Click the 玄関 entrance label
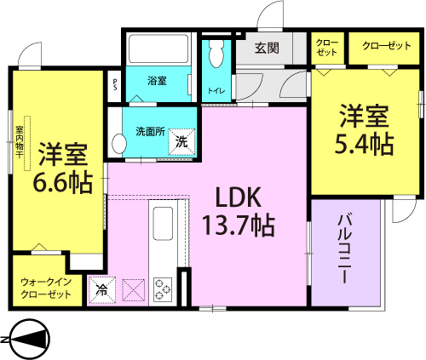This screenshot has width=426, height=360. [x=267, y=49]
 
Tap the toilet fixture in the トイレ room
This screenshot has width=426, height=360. [x=216, y=53]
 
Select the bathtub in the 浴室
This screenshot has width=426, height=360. [x=158, y=49]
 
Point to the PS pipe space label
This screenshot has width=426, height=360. [x=115, y=84]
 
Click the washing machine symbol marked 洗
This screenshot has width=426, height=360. [x=182, y=142]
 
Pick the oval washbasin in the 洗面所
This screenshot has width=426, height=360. [x=119, y=144]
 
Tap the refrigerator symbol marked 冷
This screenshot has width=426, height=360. [x=102, y=290]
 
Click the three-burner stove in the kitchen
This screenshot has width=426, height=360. [x=163, y=289]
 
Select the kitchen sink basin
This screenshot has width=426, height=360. [x=163, y=223]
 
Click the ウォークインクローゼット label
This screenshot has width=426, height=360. [x=46, y=288]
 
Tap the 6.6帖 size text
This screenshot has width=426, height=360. [x=63, y=182]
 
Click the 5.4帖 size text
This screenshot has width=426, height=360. [x=365, y=144]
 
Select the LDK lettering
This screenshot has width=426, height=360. [x=239, y=197]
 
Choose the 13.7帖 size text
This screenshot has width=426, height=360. [x=238, y=226]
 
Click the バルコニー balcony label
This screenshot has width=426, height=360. [x=345, y=249]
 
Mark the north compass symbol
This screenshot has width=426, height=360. [x=26, y=340]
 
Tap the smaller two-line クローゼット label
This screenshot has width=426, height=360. [x=327, y=48]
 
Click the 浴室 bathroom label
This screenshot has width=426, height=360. [x=157, y=81]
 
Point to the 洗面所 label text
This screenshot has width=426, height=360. [x=150, y=132]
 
